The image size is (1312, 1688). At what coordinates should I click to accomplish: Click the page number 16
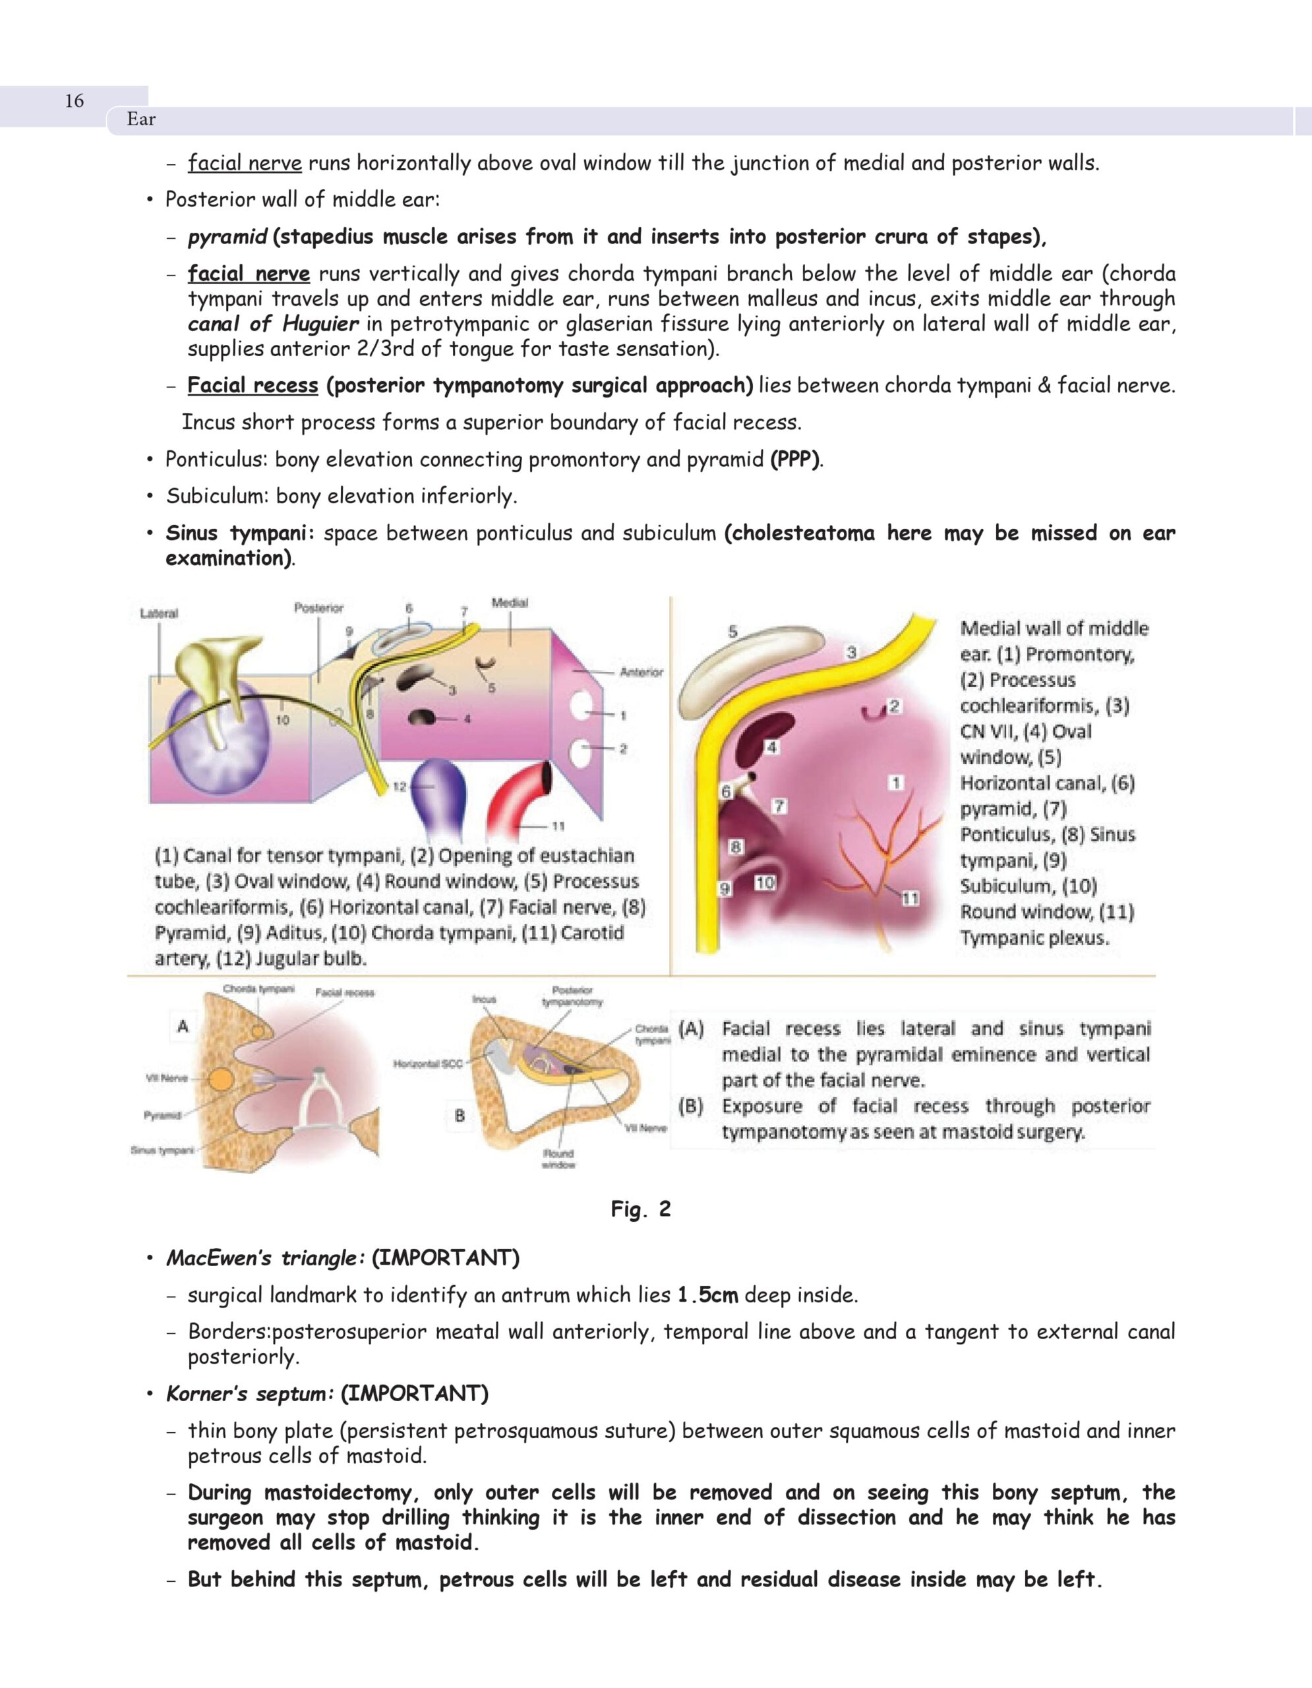point(75,100)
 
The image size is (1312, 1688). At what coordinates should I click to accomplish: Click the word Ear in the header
point(141,119)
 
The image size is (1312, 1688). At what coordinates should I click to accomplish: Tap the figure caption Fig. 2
point(641,1209)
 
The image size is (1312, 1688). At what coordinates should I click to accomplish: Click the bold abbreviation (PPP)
point(795,459)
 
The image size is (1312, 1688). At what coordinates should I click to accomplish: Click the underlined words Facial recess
point(253,385)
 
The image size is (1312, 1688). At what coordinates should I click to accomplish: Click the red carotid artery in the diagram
point(518,796)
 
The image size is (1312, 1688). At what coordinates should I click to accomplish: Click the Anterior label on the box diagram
point(641,672)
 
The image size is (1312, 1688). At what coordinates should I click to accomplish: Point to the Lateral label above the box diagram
point(159,613)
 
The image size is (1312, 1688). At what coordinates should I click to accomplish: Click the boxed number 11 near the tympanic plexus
point(910,898)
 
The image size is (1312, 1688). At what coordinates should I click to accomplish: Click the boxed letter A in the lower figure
point(183,1027)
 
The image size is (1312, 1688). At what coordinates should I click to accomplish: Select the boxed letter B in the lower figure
point(460,1115)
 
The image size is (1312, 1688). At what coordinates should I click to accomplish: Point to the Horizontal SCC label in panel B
point(428,1064)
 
